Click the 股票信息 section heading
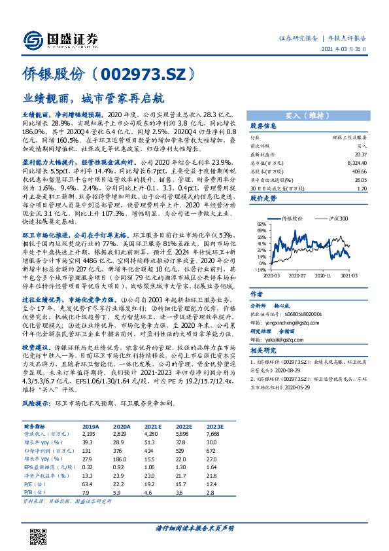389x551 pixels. tap(264, 126)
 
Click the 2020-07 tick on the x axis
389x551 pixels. tap(292, 277)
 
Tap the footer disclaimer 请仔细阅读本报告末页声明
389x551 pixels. tap(194, 527)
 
